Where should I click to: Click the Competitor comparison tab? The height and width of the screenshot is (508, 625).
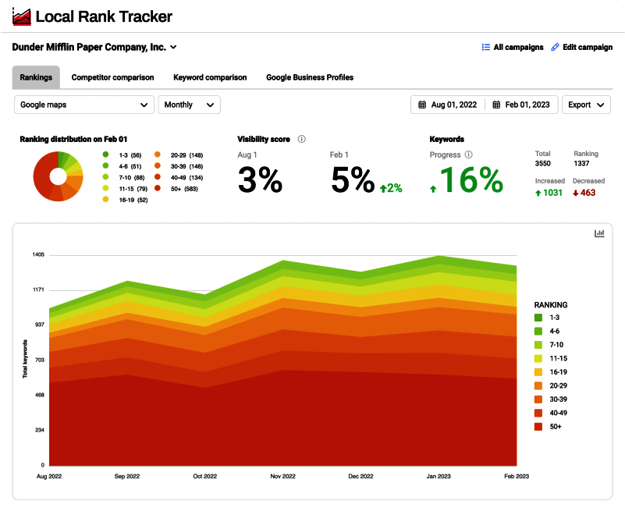point(112,77)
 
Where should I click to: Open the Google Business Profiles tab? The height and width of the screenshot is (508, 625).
point(310,77)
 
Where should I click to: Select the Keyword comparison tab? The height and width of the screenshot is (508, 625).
point(210,77)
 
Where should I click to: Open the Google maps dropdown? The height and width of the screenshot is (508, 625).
point(84,105)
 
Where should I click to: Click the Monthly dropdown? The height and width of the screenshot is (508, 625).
point(189,105)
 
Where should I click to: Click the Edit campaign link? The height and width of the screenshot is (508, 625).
point(581,48)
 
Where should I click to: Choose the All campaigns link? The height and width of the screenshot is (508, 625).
point(513,48)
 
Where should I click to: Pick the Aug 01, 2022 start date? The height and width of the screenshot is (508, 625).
point(448,105)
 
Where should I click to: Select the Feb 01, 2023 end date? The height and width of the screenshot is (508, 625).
point(521,105)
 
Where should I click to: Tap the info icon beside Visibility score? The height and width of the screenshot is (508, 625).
point(302,139)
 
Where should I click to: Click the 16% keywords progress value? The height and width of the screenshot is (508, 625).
point(470,179)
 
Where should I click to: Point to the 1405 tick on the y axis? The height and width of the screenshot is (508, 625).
point(38,255)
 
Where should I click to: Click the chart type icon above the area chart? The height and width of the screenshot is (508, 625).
point(599,233)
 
